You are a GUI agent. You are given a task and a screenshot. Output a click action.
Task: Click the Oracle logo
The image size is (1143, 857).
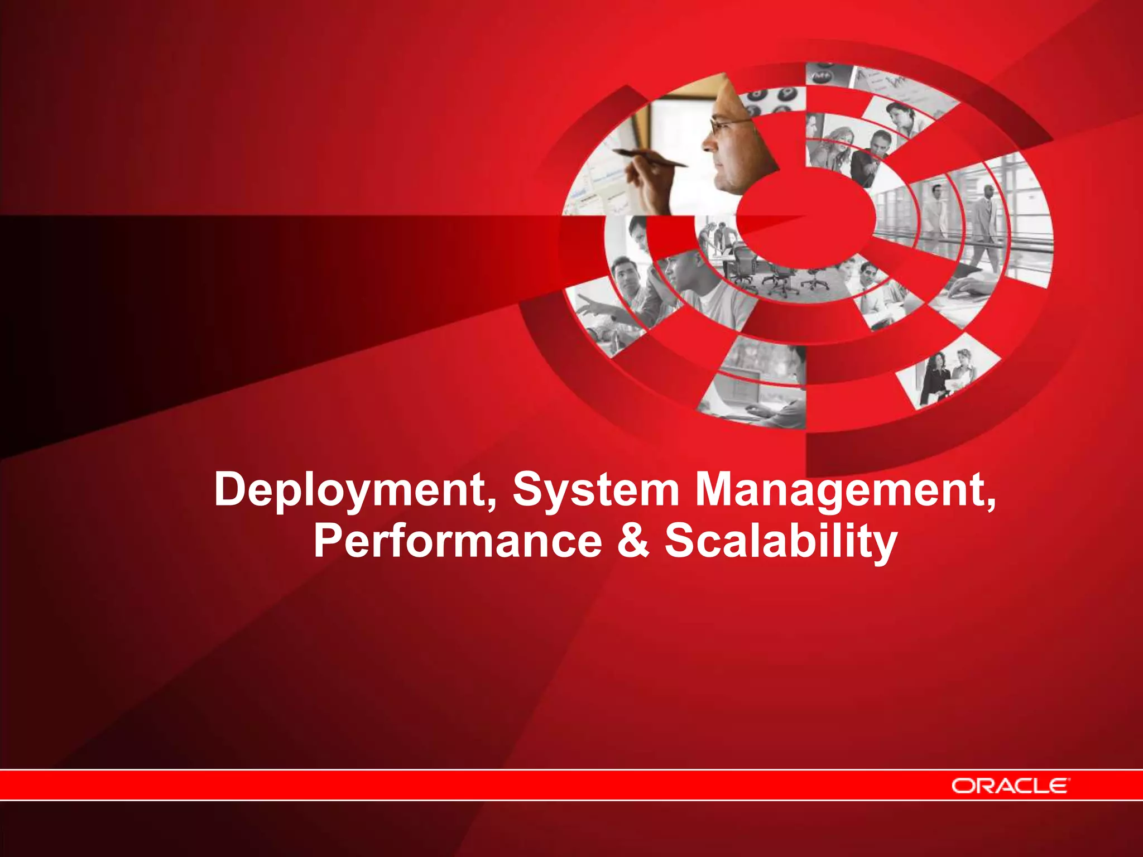(x=1010, y=786)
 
